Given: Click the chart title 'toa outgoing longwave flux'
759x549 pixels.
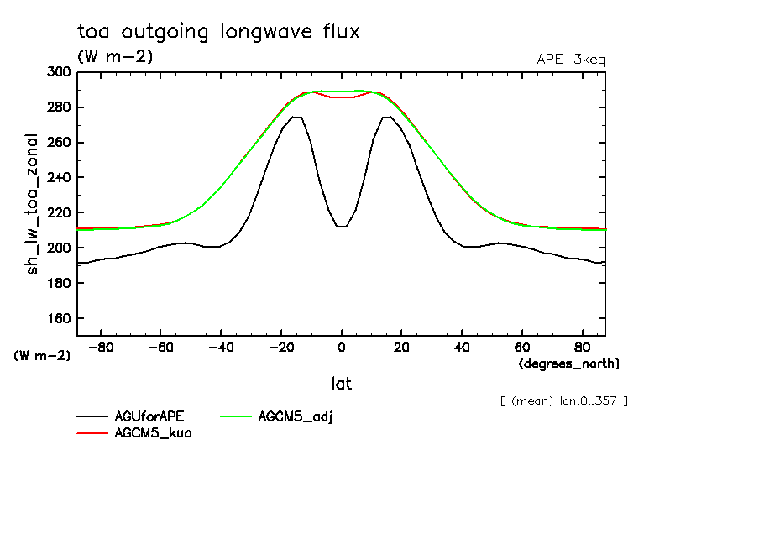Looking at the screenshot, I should [218, 32].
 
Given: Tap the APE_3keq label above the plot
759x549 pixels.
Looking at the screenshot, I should [571, 60].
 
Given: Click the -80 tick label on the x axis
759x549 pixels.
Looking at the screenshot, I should [101, 347].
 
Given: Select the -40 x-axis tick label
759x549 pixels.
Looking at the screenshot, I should [221, 347].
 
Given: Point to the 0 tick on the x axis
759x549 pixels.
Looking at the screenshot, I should [342, 347].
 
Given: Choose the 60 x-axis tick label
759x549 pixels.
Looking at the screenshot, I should [522, 347].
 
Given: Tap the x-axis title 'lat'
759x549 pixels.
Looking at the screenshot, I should [342, 384].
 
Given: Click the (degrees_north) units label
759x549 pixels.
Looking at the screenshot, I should [569, 363].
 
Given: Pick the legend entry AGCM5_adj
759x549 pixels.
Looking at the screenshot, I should [296, 416].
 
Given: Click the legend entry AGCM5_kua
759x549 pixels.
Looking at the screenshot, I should [153, 433].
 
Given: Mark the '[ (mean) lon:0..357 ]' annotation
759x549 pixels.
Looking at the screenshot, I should [563, 400].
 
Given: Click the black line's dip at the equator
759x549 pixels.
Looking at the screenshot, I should [342, 226].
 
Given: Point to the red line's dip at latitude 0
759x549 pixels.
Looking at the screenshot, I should [342, 97].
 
